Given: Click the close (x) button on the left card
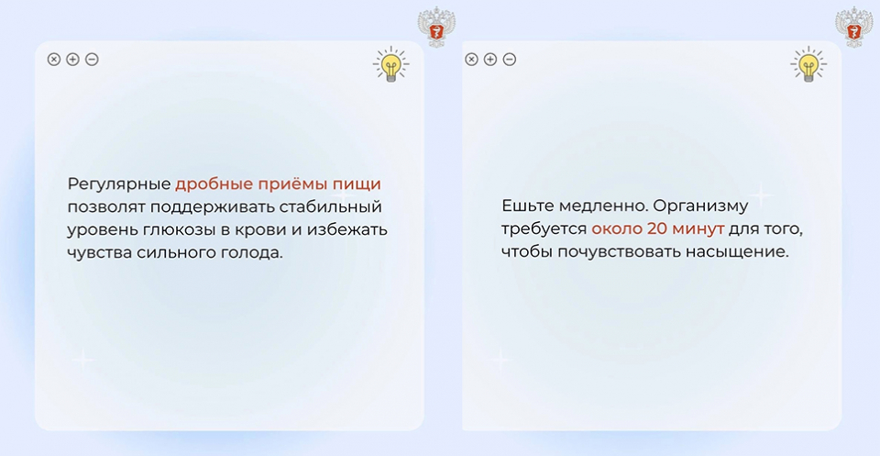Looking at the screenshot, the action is (54, 59).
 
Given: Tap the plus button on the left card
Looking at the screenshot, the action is (73, 59).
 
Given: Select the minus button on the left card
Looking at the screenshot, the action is (92, 59).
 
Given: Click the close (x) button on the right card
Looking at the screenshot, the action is (471, 59).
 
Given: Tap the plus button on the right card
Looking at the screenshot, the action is (490, 59).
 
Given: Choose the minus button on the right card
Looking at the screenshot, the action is (510, 59).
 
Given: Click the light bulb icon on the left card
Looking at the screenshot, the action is (391, 64).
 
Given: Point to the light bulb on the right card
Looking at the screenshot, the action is (808, 64).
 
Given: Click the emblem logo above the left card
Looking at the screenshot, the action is (436, 27).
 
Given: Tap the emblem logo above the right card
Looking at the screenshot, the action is (854, 27).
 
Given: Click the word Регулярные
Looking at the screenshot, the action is (119, 184).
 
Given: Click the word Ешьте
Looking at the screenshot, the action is (528, 206).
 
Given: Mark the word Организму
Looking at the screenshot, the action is (700, 206).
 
